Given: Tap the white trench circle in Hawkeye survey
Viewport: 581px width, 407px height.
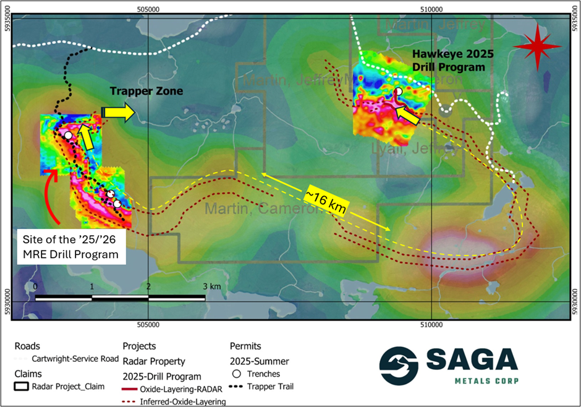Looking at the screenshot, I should (x=399, y=92).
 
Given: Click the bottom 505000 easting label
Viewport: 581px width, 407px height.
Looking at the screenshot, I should (x=148, y=323).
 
